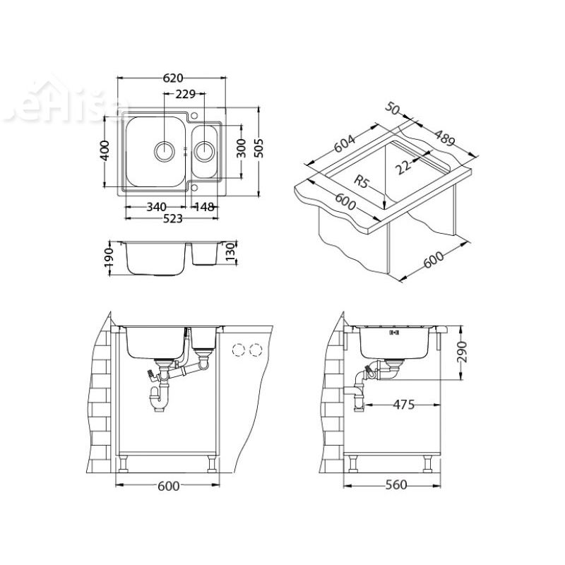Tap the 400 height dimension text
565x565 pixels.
pos(105,150)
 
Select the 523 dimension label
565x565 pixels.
pos(172,219)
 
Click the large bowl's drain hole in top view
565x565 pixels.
pos(164,150)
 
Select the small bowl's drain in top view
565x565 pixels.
pos(204,150)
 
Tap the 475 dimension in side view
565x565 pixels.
pos(403,405)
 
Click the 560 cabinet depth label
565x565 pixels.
pos(396,485)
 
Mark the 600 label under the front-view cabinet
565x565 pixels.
pos(168,485)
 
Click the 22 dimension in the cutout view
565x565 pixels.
pos(403,166)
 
